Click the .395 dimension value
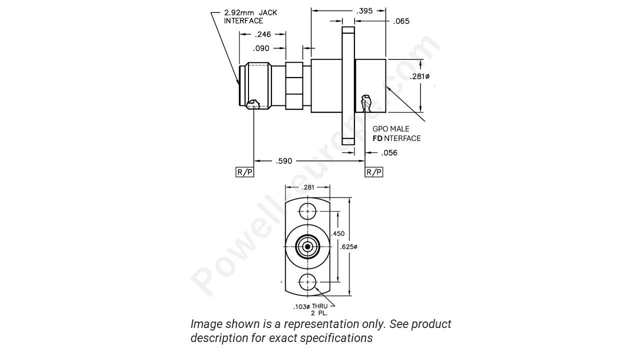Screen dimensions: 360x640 pos(364,10)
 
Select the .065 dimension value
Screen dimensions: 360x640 pos(401,21)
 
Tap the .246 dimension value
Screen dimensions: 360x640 pos(262,34)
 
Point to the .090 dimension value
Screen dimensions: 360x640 pos(261,48)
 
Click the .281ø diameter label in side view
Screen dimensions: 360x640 pos(419,76)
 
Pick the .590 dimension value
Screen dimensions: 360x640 pos(284,161)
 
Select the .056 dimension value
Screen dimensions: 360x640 pos(389,153)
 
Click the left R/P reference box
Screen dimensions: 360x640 pos(244,172)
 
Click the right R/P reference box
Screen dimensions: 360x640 pos(374,172)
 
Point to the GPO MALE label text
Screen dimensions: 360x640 pos(390,129)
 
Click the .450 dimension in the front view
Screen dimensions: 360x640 pos(338,233)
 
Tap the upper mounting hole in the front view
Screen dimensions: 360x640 pos(307,211)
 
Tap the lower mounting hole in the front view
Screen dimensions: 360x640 pos(307,282)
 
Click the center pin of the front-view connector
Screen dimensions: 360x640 pos(307,246)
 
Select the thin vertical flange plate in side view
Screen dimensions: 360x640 pos(348,86)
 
